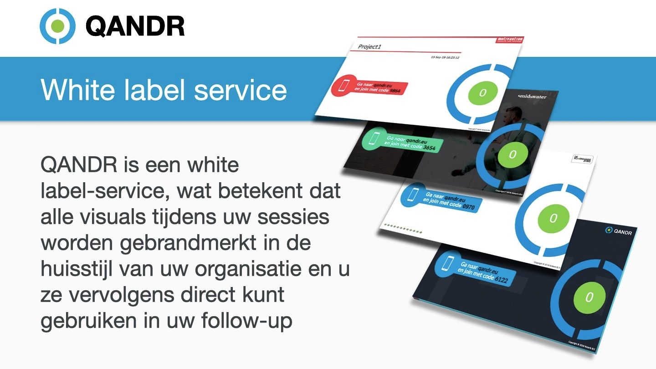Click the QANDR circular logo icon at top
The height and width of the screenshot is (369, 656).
[57, 26]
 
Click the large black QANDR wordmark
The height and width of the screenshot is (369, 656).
[135, 26]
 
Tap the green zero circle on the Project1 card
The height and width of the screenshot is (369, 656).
[482, 93]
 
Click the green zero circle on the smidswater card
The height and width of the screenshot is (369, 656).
[512, 154]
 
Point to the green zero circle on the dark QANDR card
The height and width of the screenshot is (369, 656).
[589, 297]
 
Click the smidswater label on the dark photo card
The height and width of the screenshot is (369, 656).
[532, 97]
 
